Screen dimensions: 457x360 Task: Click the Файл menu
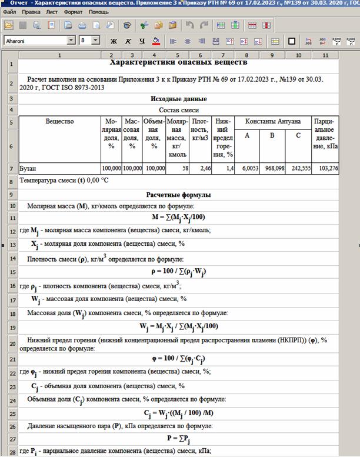pos(9,12)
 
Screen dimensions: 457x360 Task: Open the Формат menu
pos(73,12)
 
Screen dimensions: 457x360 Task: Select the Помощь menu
pos(99,12)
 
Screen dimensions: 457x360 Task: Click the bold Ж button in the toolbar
pos(114,41)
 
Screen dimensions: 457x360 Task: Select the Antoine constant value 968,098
pos(271,168)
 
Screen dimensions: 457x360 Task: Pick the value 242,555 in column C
pos(298,168)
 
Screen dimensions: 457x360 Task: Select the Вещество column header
pos(60,121)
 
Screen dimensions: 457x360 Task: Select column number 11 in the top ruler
pos(325,55)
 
